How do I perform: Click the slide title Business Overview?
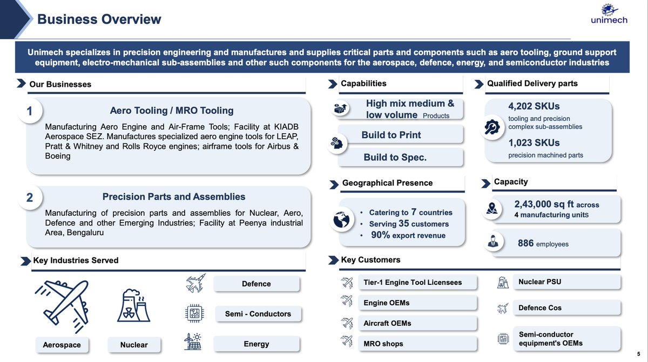tap(99, 19)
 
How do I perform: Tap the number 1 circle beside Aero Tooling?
tap(30, 112)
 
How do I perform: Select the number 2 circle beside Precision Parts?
tap(30, 198)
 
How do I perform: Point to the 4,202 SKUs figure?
tap(534, 106)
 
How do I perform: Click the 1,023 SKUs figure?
tap(534, 142)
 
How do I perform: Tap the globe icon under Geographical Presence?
tap(343, 221)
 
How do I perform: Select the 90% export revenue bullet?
tap(408, 235)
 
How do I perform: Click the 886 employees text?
tap(543, 244)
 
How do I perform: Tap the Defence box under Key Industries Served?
tap(256, 284)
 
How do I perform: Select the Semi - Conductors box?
tap(258, 314)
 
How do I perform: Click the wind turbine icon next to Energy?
tap(194, 342)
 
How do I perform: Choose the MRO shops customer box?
tap(417, 344)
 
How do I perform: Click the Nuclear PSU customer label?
tap(539, 282)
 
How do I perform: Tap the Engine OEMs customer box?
tap(417, 303)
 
